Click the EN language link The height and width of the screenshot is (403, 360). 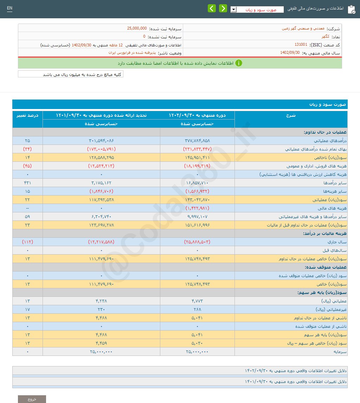point(9,8)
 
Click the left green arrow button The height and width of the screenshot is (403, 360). point(212,8)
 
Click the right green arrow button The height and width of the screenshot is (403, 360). point(223,8)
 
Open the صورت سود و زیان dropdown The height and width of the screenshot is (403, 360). point(234,9)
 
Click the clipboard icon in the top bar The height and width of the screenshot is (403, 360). point(351,9)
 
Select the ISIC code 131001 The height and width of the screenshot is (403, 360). point(301,45)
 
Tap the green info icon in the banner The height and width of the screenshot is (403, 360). point(238,63)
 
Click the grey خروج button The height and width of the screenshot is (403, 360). point(32,399)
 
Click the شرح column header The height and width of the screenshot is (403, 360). point(291,115)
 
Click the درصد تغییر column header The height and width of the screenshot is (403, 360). point(27,115)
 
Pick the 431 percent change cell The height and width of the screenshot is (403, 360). point(27,183)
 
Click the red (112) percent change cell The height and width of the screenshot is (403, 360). point(27,242)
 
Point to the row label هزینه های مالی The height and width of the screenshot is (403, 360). point(334,208)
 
